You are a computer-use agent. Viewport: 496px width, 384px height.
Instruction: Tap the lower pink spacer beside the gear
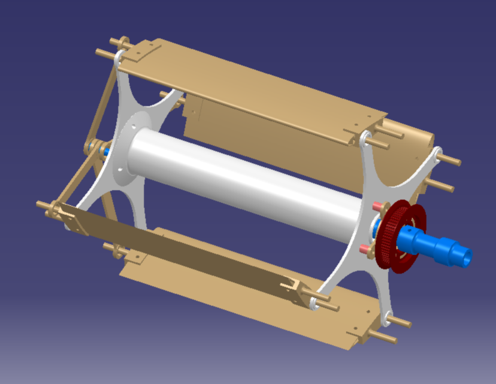(364, 248)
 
